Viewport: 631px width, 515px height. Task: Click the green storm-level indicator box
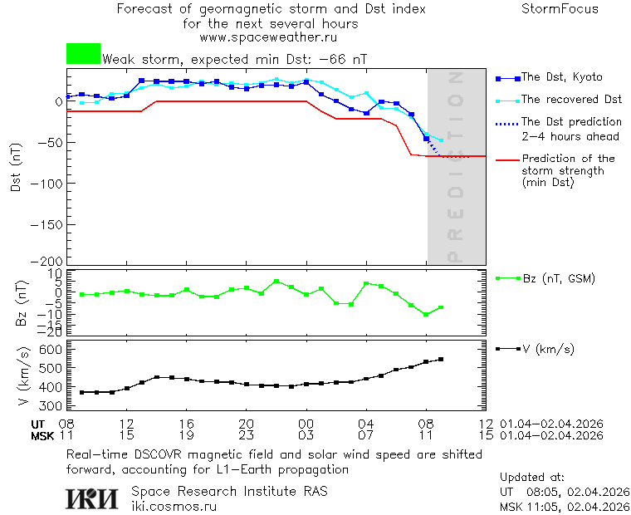pos(83,54)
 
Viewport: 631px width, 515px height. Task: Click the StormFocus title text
pos(560,9)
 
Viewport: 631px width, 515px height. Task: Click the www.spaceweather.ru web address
pos(268,37)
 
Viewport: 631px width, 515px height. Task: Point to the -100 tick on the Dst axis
pos(49,183)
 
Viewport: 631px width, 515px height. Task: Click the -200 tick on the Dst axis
pos(49,261)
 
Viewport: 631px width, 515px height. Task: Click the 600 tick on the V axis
pos(51,349)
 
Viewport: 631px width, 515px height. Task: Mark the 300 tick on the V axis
pos(51,405)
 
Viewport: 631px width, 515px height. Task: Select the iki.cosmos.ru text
pos(174,506)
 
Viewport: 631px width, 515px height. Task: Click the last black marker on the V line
pos(441,360)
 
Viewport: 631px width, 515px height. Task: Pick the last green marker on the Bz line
pos(441,307)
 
